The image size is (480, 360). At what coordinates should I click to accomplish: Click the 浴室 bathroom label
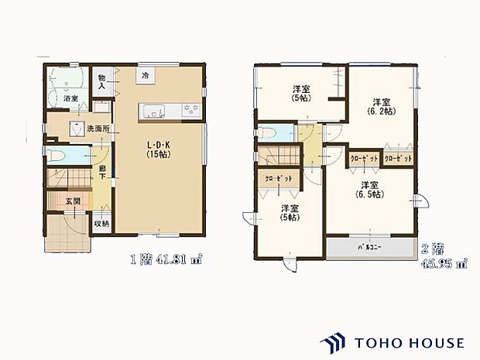[70, 99]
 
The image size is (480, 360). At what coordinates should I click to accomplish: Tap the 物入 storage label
[101, 81]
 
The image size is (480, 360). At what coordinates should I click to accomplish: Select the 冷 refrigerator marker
[145, 75]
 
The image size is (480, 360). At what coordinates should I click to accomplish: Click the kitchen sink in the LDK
[152, 111]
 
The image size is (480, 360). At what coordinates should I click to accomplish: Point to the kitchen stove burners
[190, 111]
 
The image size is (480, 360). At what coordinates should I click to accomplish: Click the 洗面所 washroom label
[98, 129]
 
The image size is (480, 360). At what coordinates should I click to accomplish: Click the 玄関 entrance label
[72, 201]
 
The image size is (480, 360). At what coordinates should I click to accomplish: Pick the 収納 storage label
[101, 225]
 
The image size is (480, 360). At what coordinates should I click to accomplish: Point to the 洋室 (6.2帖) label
[379, 107]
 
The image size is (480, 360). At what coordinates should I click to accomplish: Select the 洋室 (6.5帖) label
[369, 190]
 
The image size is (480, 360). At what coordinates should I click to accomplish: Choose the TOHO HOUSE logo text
[410, 341]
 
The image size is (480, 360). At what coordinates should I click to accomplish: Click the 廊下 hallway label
[101, 171]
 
